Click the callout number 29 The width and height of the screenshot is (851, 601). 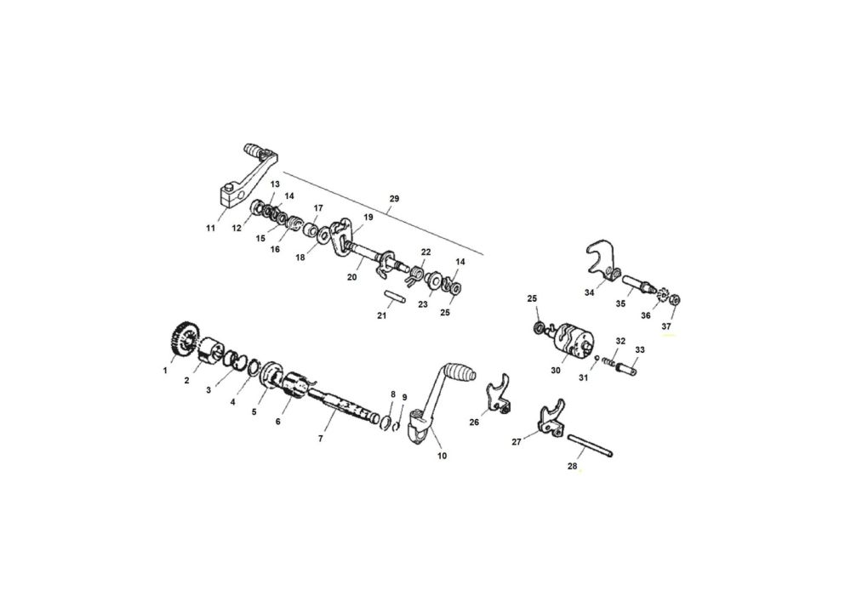pyautogui.click(x=395, y=199)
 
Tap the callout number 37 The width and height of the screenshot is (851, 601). pyautogui.click(x=666, y=326)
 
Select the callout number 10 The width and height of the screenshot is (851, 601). pyautogui.click(x=443, y=456)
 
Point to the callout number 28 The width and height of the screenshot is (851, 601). pyautogui.click(x=572, y=466)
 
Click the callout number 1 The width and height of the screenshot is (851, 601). pyautogui.click(x=165, y=371)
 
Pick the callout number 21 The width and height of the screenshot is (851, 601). pyautogui.click(x=381, y=315)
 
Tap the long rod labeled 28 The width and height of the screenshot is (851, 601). pyautogui.click(x=590, y=445)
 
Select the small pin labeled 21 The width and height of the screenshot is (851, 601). pyautogui.click(x=393, y=298)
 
